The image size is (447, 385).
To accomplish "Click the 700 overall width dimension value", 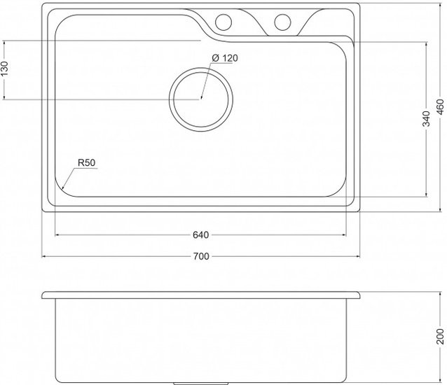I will [x=200, y=257].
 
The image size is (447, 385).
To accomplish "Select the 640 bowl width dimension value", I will [x=200, y=234].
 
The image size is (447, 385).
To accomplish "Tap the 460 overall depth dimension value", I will [x=440, y=107].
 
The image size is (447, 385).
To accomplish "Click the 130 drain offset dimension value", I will [x=5, y=70].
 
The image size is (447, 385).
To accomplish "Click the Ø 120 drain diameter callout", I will [x=224, y=57].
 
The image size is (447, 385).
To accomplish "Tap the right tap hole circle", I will [x=283, y=21].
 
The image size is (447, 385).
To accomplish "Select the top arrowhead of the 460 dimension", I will [x=440, y=3].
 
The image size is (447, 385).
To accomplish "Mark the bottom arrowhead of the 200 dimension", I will [x=440, y=382].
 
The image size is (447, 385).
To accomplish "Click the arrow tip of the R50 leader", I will [x=62, y=190].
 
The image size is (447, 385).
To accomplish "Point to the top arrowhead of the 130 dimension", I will [x=5, y=41].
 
